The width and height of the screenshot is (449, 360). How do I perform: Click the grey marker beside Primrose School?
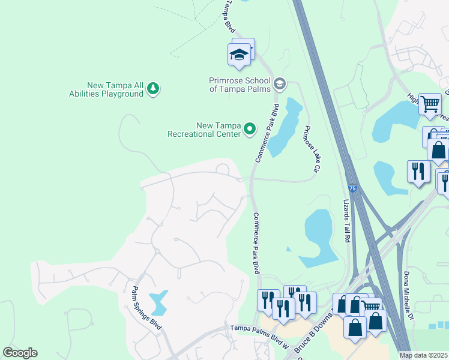[280, 83]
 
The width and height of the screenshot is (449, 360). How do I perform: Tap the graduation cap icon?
[240, 55]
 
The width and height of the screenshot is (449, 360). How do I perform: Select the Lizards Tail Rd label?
[346, 221]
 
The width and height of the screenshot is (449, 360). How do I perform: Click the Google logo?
[20, 353]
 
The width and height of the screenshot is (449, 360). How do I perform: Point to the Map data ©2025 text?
[423, 355]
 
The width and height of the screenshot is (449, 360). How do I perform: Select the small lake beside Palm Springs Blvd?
[158, 303]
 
